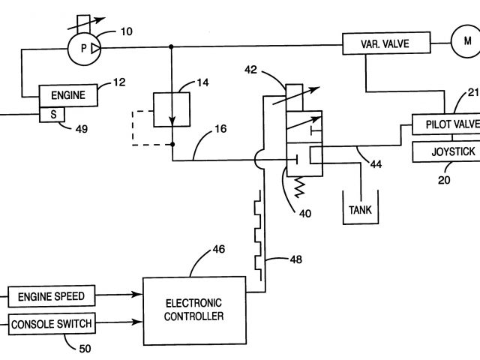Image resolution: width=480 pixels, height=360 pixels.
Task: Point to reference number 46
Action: [218, 249]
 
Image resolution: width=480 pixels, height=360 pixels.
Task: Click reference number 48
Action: [296, 259]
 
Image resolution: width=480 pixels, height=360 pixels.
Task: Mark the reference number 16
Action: [220, 129]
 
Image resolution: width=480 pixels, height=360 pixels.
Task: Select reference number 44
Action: [376, 164]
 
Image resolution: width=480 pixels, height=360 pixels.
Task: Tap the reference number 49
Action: [82, 129]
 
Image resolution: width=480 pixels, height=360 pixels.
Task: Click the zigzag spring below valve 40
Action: [299, 187]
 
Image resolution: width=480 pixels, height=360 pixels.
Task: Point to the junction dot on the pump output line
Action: [171, 46]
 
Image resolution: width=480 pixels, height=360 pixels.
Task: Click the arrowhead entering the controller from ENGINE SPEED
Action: [136, 295]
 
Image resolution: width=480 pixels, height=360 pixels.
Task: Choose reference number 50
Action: [85, 349]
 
